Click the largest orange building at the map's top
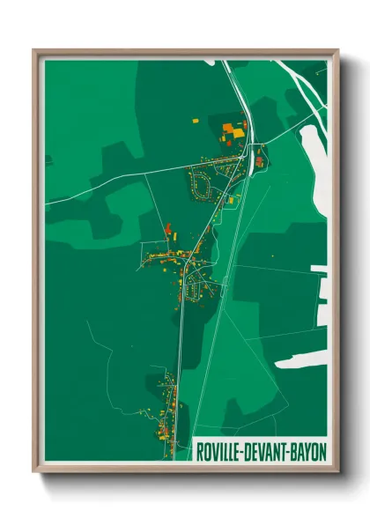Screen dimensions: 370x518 pos(235,132)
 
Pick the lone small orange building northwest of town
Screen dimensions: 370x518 pos(196,120)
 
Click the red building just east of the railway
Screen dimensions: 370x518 pos(259,160)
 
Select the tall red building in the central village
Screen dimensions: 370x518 pos(167,229)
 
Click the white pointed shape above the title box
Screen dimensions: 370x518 pos(300,361)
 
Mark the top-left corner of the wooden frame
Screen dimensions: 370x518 pos(34,49)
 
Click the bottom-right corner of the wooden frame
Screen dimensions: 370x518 pos(337,470)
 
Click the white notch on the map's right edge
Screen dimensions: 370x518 pos(323,291)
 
